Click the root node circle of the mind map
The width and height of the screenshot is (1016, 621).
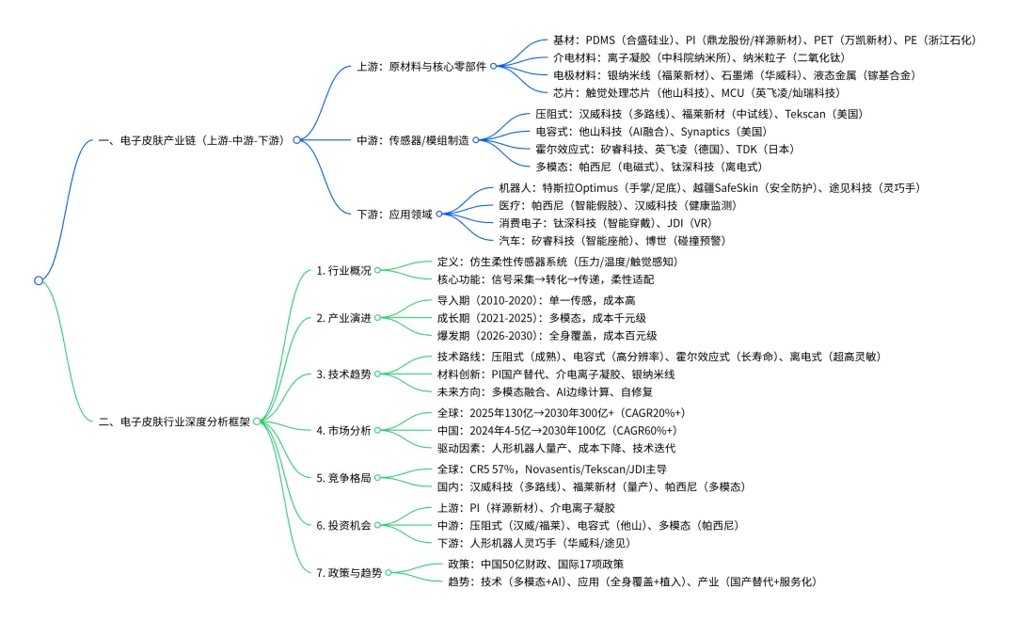(x=39, y=280)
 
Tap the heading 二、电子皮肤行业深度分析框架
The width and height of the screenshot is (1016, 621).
(x=174, y=422)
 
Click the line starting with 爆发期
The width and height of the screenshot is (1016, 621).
(x=547, y=336)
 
